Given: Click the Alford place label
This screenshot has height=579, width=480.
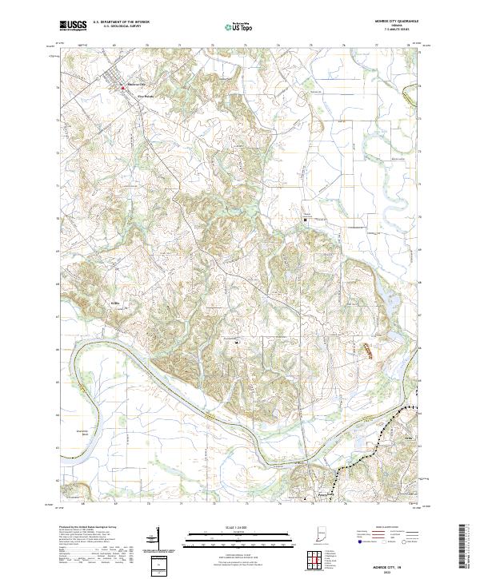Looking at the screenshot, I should tap(409, 438).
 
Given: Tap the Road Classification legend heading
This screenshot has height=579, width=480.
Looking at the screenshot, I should tap(384, 529).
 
